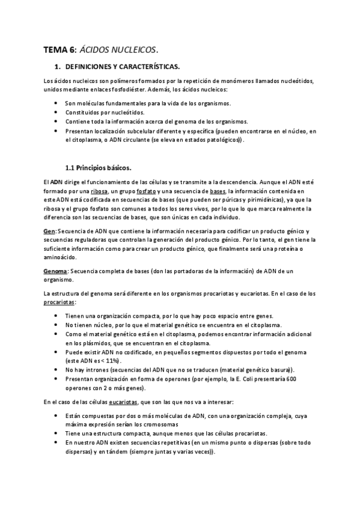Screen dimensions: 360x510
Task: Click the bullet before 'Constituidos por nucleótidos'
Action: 56,112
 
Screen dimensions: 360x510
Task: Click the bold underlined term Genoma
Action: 55,271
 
